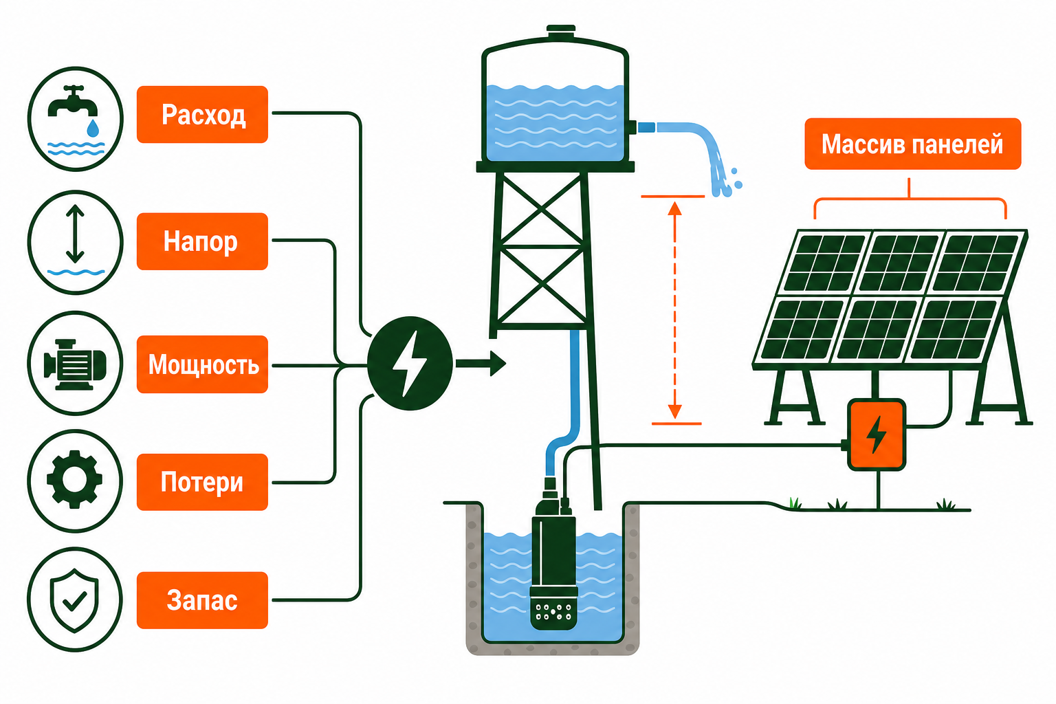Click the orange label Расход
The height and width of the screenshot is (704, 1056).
202,114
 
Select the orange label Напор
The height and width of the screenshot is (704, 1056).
202,241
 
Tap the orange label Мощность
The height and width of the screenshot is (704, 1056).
202,364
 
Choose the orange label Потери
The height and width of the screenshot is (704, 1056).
202,482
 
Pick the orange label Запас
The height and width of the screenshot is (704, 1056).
202,600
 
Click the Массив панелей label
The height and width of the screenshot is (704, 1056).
913,144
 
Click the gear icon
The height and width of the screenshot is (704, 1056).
74,480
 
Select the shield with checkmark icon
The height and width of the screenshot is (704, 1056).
74,599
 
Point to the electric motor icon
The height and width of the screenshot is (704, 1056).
74,364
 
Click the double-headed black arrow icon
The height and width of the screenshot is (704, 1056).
75,234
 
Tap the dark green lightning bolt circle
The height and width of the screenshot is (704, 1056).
410,364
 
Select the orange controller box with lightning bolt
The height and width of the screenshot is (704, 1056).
877,434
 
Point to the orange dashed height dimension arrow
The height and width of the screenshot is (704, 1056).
674,310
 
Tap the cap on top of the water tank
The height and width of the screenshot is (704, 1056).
561,32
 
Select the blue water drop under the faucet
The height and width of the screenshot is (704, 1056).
93,128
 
